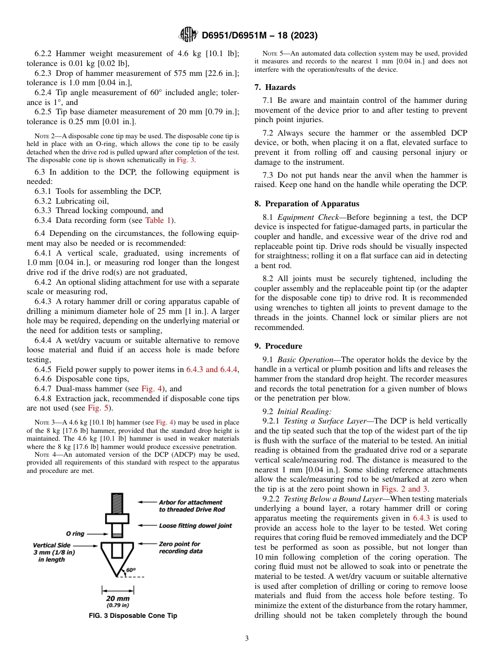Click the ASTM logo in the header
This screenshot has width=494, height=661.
coord(188,35)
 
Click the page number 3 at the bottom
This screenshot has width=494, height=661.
coord(246,638)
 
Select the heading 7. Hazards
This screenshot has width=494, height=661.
coord(275,87)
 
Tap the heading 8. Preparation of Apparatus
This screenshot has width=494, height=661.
coord(307,204)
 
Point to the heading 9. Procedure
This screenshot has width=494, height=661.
coord(278,346)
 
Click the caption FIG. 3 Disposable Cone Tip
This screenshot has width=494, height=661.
coord(133,616)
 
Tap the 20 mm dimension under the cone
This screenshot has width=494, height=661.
coord(118,598)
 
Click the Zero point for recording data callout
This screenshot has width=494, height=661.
coord(180,547)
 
